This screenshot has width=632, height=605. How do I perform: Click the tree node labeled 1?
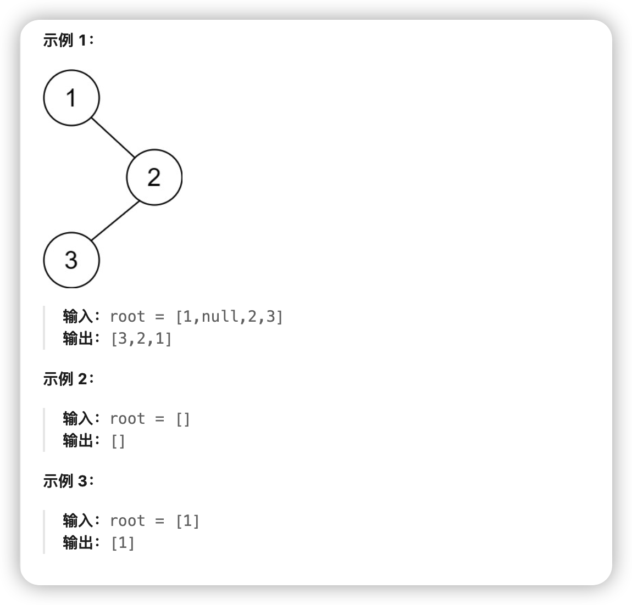point(71,98)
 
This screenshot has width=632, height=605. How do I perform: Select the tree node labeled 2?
point(154,177)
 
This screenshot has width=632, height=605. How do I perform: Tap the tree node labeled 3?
point(71,260)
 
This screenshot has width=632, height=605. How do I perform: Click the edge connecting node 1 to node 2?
point(113,137)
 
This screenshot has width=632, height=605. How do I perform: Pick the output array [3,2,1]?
point(141,339)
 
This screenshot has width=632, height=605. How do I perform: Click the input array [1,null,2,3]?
point(229,317)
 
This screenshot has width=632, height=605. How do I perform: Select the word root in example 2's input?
point(127,419)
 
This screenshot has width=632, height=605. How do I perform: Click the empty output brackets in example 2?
point(118,441)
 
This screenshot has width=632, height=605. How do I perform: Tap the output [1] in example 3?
point(123,543)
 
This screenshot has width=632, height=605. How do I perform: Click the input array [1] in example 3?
point(187,520)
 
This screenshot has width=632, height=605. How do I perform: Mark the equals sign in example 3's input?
point(160,521)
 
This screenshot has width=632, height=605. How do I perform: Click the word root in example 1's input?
point(127,317)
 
